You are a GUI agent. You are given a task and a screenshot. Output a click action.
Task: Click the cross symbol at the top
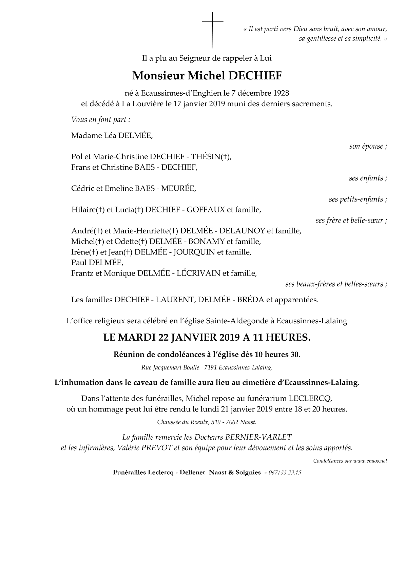[212, 30]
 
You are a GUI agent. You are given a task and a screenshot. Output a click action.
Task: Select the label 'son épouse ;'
[368, 146]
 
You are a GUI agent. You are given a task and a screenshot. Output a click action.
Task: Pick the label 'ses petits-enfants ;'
[358, 199]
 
